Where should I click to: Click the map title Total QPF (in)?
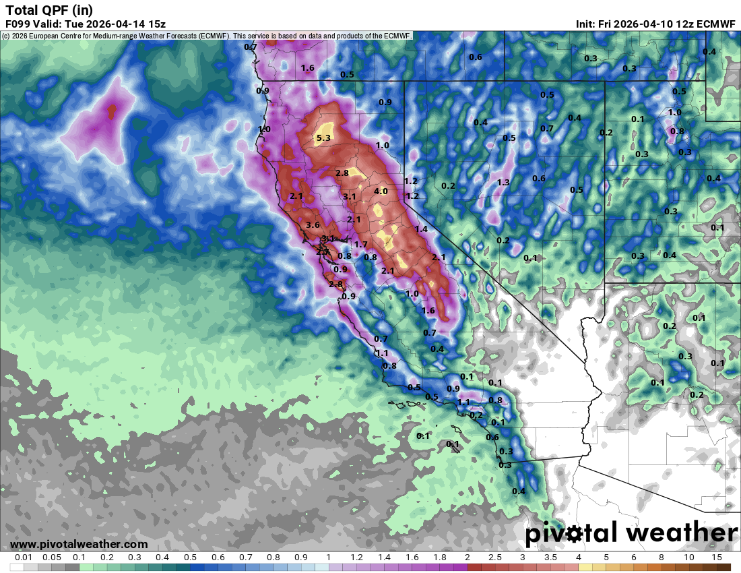49,9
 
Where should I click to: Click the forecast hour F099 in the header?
18,24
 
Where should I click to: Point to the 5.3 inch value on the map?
323,138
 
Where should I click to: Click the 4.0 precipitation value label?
381,191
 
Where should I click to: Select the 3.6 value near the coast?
313,225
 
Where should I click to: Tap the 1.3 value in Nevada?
503,183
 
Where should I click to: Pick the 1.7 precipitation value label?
361,245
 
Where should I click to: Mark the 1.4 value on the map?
422,229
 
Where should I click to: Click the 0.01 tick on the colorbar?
24,557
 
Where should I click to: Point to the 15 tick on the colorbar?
716,557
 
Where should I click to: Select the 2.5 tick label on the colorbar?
494,557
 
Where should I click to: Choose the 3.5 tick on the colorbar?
550,557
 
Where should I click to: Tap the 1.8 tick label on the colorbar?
439,557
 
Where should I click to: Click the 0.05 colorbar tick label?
51,557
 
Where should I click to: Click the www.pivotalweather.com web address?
79,544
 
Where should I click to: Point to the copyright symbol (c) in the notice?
5,36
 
